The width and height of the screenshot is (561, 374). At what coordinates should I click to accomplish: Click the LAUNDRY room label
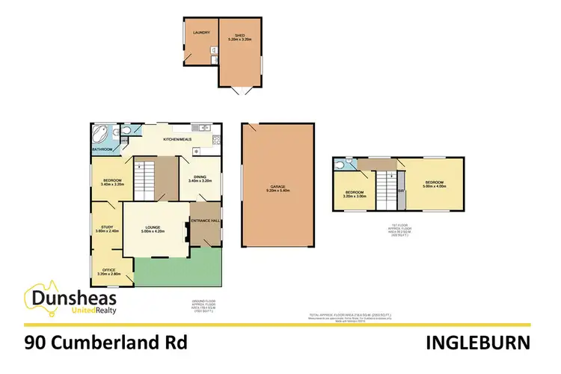click(x=200, y=33)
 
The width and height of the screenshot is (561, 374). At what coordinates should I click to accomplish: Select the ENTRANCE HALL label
click(x=206, y=221)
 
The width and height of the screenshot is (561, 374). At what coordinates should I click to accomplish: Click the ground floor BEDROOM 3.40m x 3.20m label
click(x=106, y=182)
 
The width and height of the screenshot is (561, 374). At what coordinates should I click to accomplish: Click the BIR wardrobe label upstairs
click(x=401, y=190)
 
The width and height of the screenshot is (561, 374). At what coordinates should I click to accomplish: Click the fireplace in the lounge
click(x=184, y=231)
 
